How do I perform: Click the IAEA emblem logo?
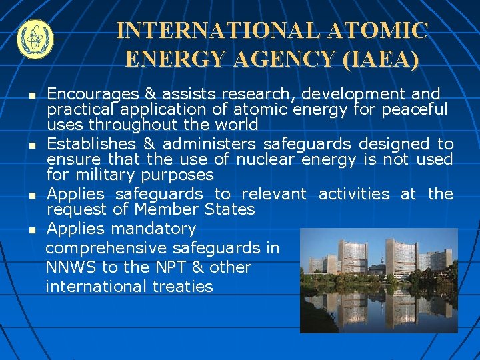[33, 39]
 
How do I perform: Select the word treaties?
[183, 287]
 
